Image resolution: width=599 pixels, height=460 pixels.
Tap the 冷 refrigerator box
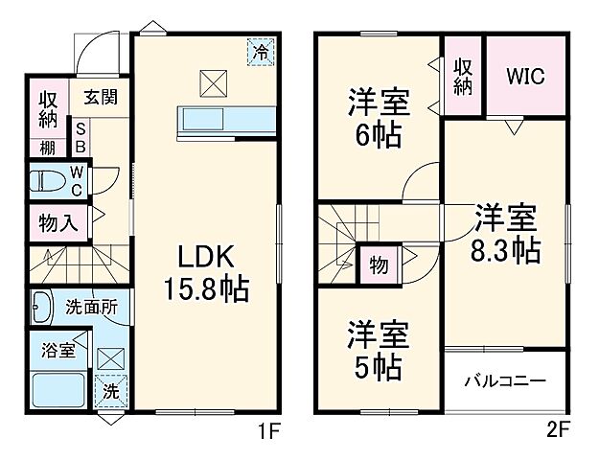coord(260,52)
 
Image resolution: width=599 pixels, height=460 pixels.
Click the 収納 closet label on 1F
coord(48,110)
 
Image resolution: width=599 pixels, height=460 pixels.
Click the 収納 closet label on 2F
coord(464,77)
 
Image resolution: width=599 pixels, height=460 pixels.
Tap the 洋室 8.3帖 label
coord(504,233)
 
